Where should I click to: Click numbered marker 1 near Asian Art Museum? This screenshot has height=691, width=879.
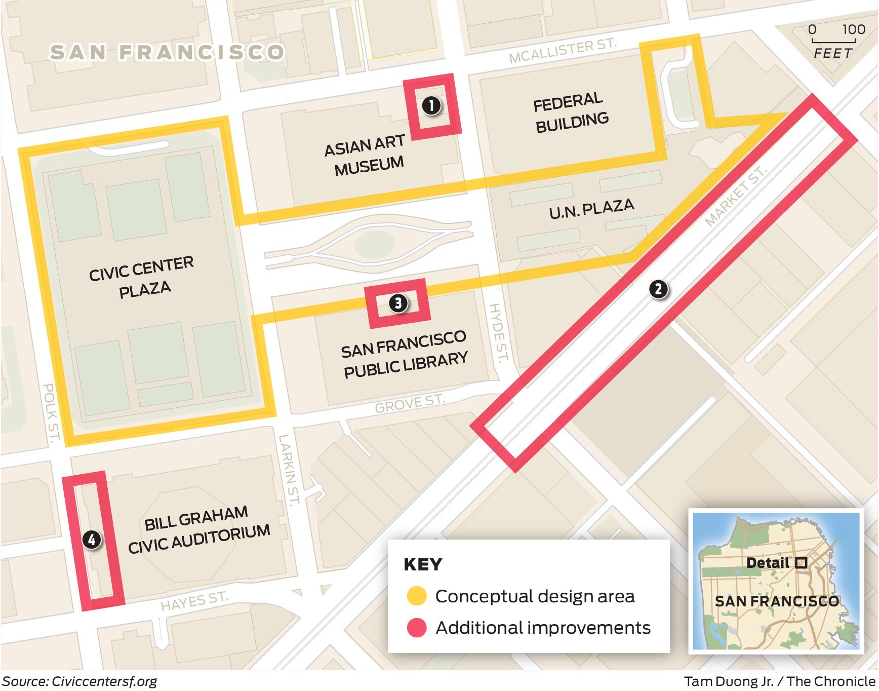(x=431, y=106)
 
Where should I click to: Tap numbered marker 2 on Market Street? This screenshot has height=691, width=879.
(x=658, y=289)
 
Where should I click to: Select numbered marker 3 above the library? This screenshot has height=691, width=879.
(x=398, y=303)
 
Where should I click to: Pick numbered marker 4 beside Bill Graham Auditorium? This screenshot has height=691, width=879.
(x=92, y=540)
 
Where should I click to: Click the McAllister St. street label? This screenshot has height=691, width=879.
(x=563, y=51)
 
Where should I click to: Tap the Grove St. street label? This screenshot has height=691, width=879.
(x=409, y=403)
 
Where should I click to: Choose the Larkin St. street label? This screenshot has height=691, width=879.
(x=290, y=469)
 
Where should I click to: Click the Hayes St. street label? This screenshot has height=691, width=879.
(x=194, y=602)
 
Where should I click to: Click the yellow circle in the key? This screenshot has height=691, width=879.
(x=416, y=597)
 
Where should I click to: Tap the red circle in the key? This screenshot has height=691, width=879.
(x=416, y=628)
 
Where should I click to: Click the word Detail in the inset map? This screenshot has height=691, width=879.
(x=768, y=563)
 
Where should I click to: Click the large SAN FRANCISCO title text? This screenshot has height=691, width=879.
(x=167, y=53)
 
